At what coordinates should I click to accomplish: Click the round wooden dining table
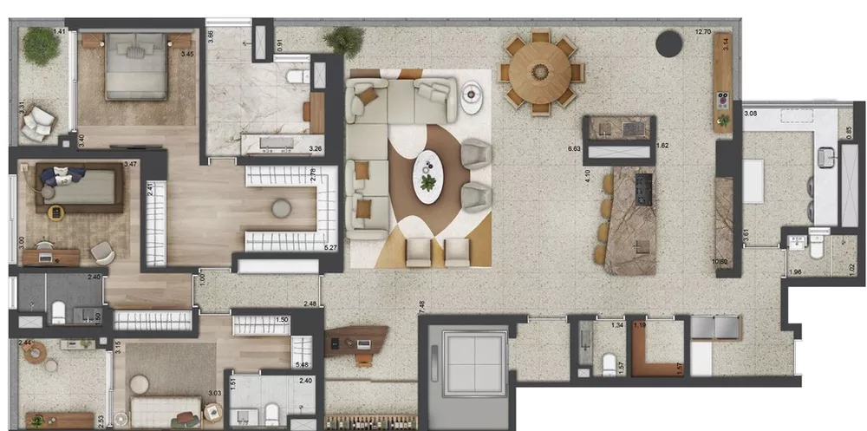tap(540, 73)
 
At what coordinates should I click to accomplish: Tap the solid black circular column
tap(668, 43)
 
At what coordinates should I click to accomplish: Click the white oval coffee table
tap(427, 177)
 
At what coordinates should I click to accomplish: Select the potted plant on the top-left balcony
tap(40, 45)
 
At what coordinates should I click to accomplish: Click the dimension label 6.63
tap(574, 148)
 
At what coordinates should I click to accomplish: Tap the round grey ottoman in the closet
tap(282, 208)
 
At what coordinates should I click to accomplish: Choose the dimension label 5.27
tap(329, 248)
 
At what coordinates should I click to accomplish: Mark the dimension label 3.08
tap(751, 114)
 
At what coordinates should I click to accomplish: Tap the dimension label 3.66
tap(211, 38)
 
